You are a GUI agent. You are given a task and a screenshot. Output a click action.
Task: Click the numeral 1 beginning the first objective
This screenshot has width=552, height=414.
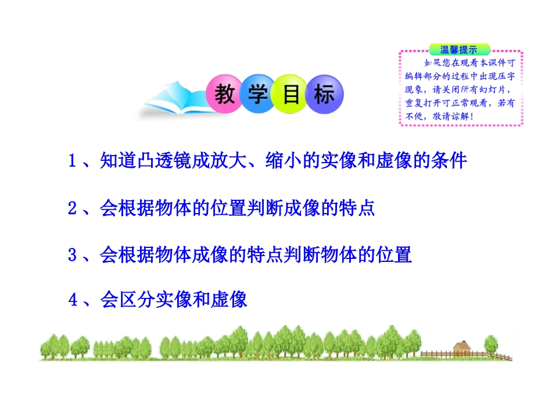pos(73,161)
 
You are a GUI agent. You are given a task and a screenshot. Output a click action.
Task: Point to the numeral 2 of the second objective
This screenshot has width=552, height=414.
pos(73,208)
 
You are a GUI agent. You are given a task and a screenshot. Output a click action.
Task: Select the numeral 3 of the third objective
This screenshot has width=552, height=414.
pos(73,255)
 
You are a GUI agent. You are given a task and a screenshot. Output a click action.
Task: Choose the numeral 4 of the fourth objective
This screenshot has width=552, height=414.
pos(73,300)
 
